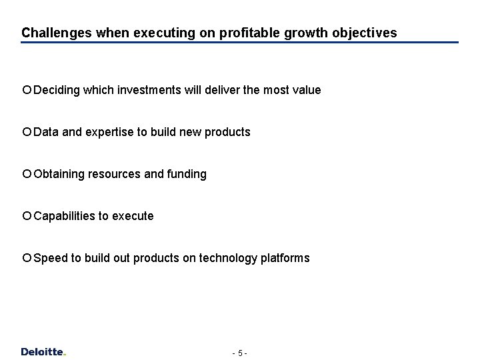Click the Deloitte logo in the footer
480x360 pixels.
click(x=43, y=351)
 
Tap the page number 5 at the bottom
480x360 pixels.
click(x=240, y=352)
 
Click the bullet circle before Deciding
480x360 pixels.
click(x=27, y=89)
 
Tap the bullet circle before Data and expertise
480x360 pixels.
click(x=27, y=131)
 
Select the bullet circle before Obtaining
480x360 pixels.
click(x=27, y=173)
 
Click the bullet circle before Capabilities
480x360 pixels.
click(x=27, y=215)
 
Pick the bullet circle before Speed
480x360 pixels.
click(x=27, y=257)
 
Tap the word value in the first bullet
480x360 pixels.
click(x=306, y=89)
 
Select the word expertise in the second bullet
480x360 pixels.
click(x=109, y=132)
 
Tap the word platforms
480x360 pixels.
click(x=285, y=258)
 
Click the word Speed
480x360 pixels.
click(x=47, y=258)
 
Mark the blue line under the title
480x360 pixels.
click(x=240, y=43)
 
